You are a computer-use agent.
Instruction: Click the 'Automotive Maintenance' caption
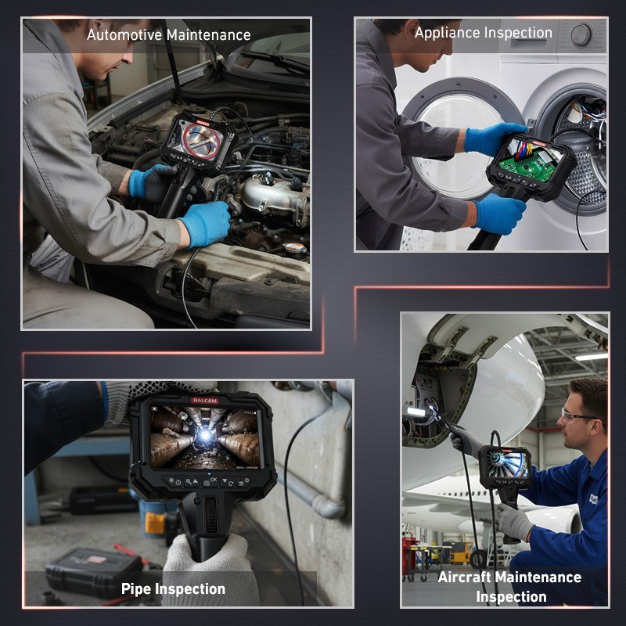point(168,35)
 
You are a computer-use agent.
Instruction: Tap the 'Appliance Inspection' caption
point(483,33)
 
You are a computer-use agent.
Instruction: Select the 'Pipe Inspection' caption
point(173,588)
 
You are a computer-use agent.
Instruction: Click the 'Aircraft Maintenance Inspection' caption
point(509,586)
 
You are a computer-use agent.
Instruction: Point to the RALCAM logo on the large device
point(205,400)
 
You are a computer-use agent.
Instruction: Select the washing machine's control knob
point(581,35)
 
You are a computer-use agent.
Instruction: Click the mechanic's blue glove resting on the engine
point(204,224)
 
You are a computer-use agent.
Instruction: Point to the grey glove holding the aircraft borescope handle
point(516,521)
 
